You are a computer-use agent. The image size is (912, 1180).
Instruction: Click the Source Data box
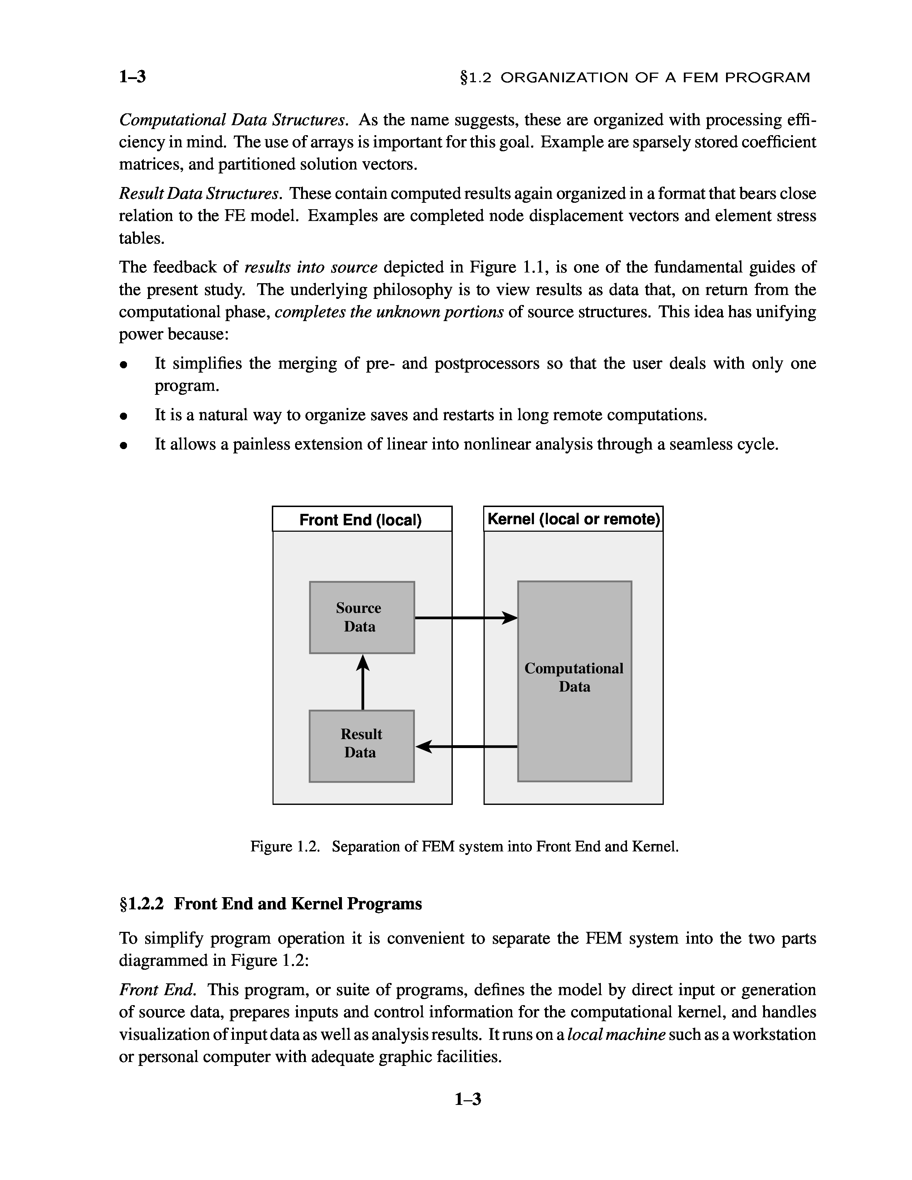coord(362,617)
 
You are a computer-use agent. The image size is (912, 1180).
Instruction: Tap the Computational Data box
coord(574,681)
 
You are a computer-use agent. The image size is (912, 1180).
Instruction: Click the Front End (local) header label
coord(361,520)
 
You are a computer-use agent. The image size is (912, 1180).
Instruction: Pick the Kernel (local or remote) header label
coord(573,519)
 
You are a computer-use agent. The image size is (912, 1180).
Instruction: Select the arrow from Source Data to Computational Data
coord(465,618)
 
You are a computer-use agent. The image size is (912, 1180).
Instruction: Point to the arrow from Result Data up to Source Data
coord(363,682)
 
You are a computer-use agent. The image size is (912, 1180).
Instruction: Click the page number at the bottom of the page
coord(467,1099)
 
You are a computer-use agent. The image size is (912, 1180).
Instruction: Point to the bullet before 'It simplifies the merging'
coord(124,365)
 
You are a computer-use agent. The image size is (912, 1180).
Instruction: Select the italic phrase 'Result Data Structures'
coord(199,193)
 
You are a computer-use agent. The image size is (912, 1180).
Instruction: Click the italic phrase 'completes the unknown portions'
coord(389,312)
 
